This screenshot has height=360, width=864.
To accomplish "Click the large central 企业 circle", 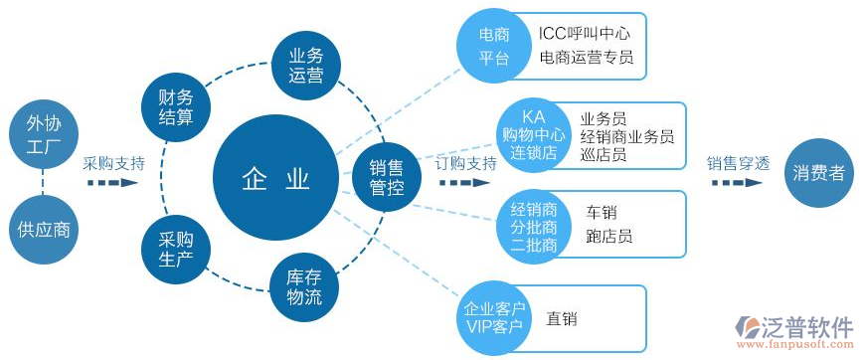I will click(x=275, y=179).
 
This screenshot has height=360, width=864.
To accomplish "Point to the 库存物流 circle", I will click(x=304, y=286).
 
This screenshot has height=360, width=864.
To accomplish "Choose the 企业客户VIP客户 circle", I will click(x=494, y=316).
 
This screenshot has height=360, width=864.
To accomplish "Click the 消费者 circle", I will click(x=819, y=173).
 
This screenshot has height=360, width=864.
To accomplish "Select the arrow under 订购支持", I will click(x=466, y=184).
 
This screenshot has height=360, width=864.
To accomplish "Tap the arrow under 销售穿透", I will click(x=737, y=184).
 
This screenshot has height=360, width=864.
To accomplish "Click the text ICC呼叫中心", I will click(x=584, y=34).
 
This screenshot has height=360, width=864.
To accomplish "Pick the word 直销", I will click(x=562, y=319).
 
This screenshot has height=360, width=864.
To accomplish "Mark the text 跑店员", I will click(x=608, y=237).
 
